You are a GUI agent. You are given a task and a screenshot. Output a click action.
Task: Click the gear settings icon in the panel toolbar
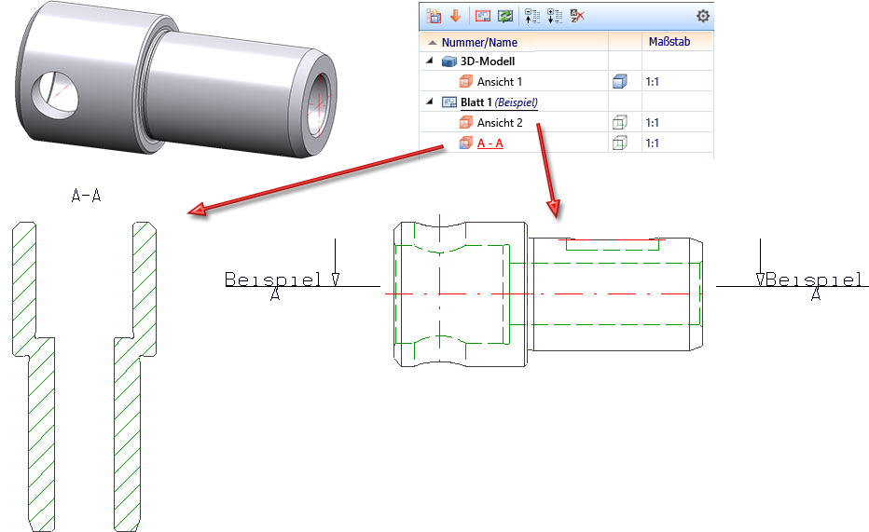(x=702, y=16)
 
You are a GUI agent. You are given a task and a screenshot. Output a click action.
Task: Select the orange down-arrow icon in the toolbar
(x=455, y=16)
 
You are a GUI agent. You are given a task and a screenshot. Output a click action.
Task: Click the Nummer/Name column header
(x=479, y=42)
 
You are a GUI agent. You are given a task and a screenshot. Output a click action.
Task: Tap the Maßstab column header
(x=669, y=42)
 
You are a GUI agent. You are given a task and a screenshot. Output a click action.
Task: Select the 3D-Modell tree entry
(x=487, y=61)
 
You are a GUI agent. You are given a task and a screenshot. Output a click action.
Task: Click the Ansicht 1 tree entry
(x=500, y=82)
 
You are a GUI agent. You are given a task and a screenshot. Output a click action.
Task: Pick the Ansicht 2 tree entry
(x=500, y=123)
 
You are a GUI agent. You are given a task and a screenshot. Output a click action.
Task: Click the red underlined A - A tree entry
(x=490, y=143)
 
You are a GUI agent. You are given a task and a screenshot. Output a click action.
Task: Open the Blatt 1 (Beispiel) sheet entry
(x=499, y=102)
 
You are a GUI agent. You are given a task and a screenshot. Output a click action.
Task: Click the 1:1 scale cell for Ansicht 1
(x=653, y=82)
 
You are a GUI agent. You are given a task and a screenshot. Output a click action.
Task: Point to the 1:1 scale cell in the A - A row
(x=653, y=143)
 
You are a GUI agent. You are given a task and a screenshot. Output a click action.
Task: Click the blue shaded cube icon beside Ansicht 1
(x=620, y=82)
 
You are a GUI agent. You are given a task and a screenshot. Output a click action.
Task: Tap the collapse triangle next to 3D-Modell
(x=430, y=61)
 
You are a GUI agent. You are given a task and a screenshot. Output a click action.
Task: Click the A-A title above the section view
(x=87, y=196)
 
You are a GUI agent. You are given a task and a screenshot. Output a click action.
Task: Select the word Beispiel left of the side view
(x=273, y=280)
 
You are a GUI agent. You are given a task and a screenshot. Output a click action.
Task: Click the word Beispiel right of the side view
(x=814, y=280)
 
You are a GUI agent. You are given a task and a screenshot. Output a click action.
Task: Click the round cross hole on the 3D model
(x=54, y=94)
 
